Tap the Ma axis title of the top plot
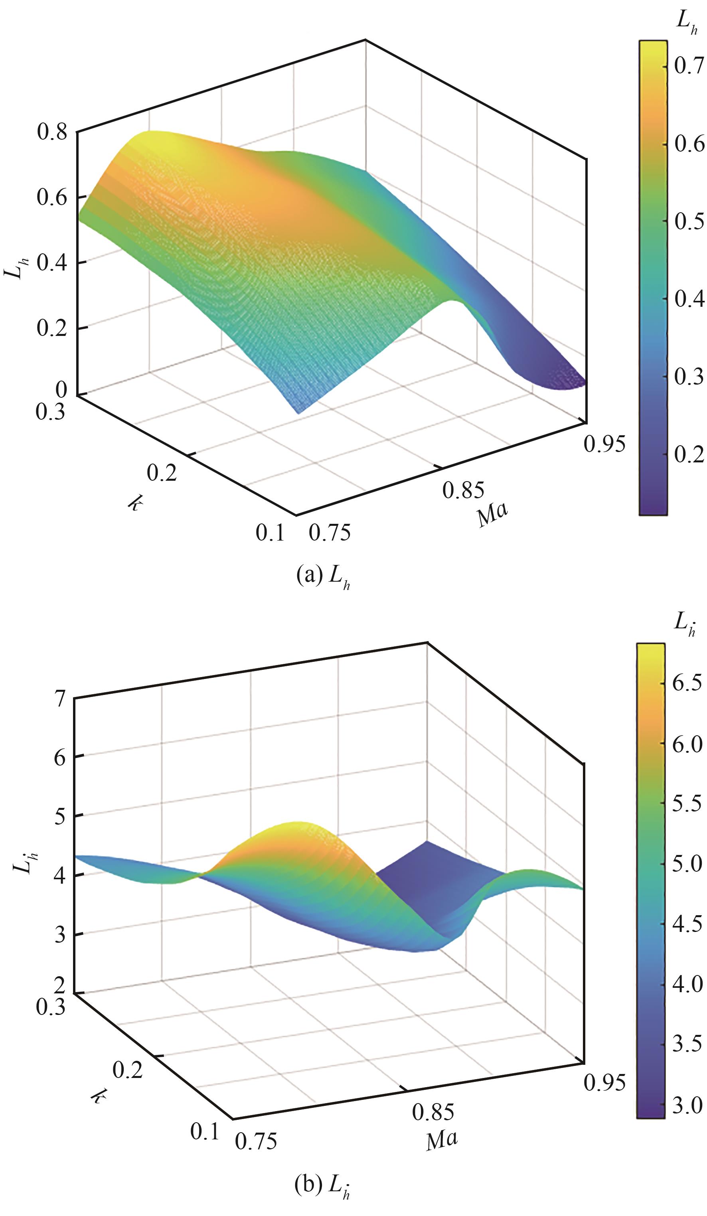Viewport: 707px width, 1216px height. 493,515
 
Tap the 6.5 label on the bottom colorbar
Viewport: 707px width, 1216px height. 687,685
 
